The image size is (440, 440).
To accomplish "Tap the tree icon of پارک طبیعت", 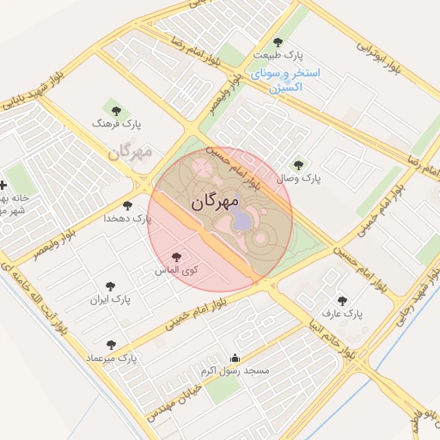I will pyautogui.click(x=277, y=41).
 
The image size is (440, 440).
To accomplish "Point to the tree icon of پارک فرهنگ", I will pyautogui.click(x=117, y=110).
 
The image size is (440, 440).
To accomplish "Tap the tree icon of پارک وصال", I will pyautogui.click(x=298, y=164).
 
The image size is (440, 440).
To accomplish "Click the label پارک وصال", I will pyautogui.click(x=298, y=178).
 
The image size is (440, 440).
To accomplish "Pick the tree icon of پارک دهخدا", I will pyautogui.click(x=128, y=205).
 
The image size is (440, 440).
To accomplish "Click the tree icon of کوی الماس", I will pyautogui.click(x=177, y=257).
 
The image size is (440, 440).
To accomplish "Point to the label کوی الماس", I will pyautogui.click(x=177, y=271).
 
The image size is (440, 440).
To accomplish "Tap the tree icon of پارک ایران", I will pyautogui.click(x=110, y=286).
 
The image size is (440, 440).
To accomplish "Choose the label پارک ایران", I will pyautogui.click(x=110, y=301).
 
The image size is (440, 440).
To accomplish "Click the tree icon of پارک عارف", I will pyautogui.click(x=343, y=301).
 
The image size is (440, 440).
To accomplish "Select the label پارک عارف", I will pyautogui.click(x=342, y=315).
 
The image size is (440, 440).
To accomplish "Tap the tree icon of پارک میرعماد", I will pyautogui.click(x=111, y=342).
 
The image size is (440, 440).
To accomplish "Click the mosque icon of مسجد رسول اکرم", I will pyautogui.click(x=235, y=357).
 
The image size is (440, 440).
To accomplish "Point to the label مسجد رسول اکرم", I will pyautogui.click(x=235, y=371).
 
